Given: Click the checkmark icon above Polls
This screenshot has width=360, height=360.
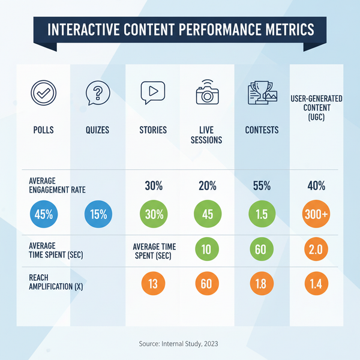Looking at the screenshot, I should tap(43, 95).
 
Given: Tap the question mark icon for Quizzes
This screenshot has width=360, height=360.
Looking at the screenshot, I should tap(97, 94).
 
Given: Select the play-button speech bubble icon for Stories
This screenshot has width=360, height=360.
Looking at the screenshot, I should tap(152, 94).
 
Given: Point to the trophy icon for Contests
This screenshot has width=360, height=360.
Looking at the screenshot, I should tap(262, 94).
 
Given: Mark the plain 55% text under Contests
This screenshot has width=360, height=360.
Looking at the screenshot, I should tap(262, 186).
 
